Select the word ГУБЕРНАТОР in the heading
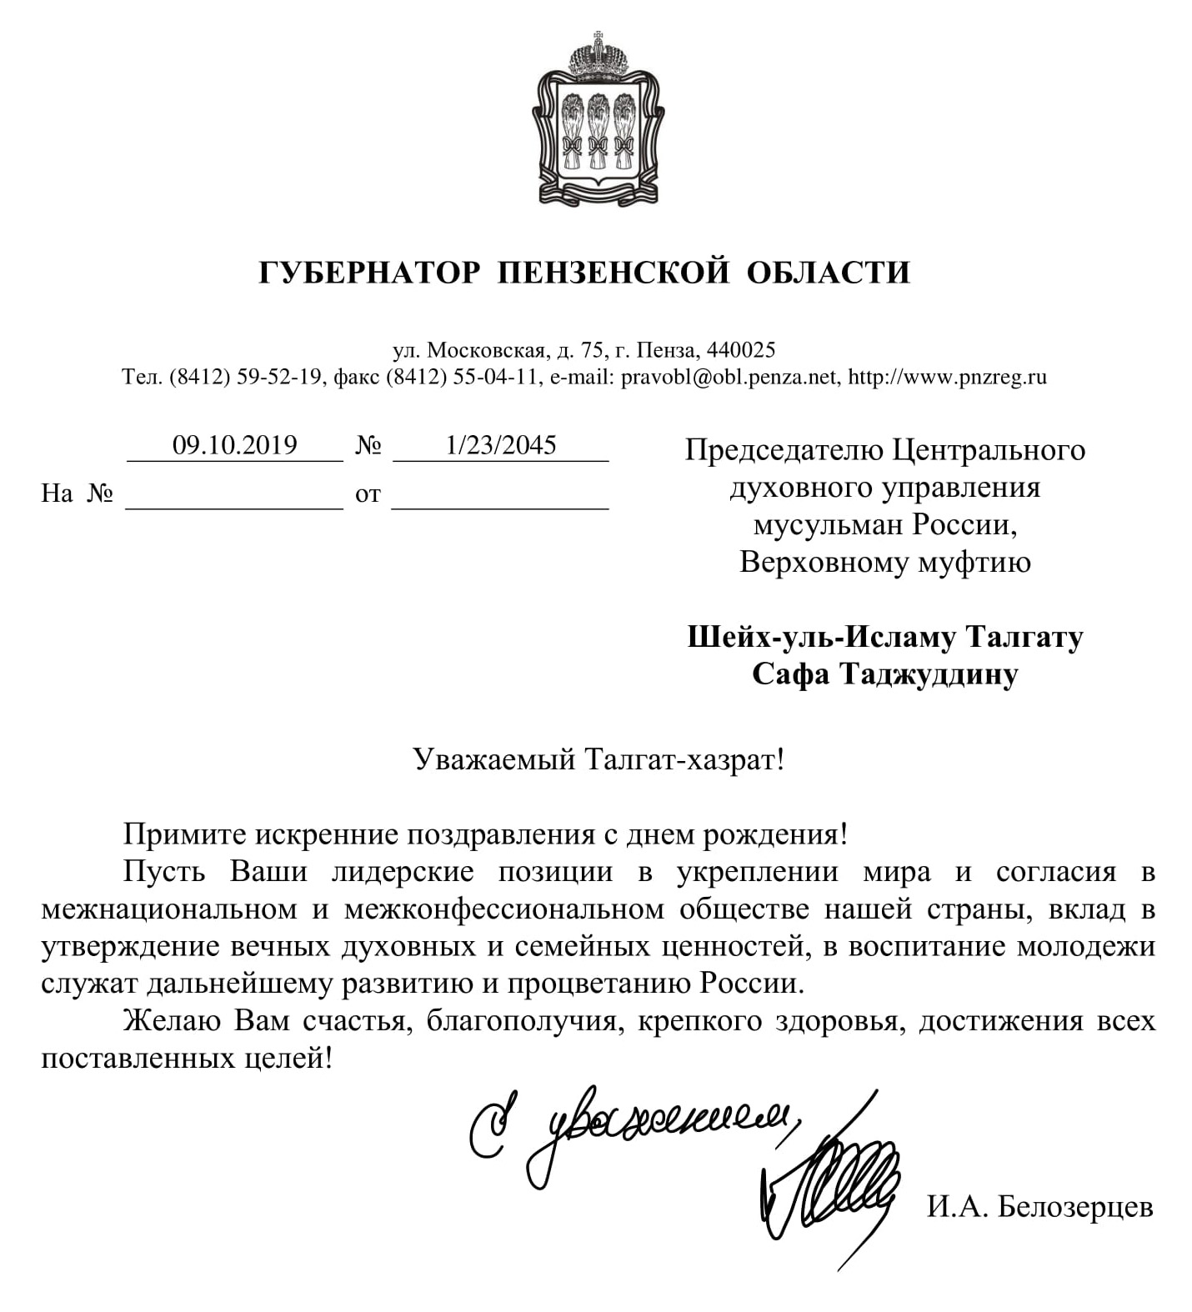coord(369,273)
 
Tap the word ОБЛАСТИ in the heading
coord(828,273)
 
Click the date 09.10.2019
coord(234,445)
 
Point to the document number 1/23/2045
coord(501,445)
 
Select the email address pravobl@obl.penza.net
coord(729,377)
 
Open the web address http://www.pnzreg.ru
coord(947,377)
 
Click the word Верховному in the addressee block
coord(825,563)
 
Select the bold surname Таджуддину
coord(929,674)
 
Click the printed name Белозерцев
coord(1074,1206)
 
